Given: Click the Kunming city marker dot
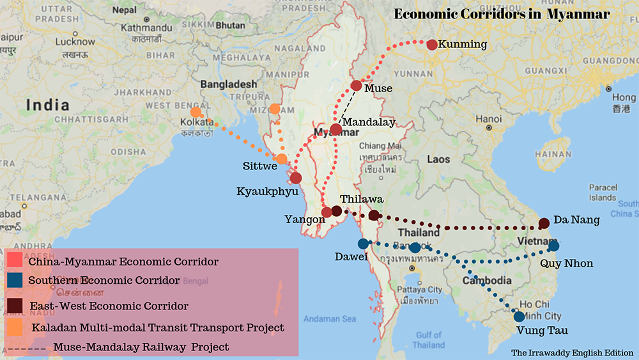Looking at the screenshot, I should coord(432,45).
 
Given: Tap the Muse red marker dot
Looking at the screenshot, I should coord(357,86).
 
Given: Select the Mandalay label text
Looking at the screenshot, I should coord(369,121).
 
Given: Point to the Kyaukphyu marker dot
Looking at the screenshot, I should coord(296,178).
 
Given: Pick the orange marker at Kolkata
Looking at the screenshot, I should coord(196,112).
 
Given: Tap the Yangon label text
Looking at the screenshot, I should coord(305,219).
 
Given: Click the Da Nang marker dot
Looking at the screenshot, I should coord(544,223).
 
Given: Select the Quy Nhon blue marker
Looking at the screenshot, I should coord(553,246).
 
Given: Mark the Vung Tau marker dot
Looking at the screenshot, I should coord(519,317).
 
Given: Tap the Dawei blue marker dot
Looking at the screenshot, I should coord(363,244).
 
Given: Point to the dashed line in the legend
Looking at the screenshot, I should coord(27,347).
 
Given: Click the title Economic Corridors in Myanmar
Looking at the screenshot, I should coord(502,14).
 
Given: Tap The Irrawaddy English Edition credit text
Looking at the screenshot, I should coord(572,352).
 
